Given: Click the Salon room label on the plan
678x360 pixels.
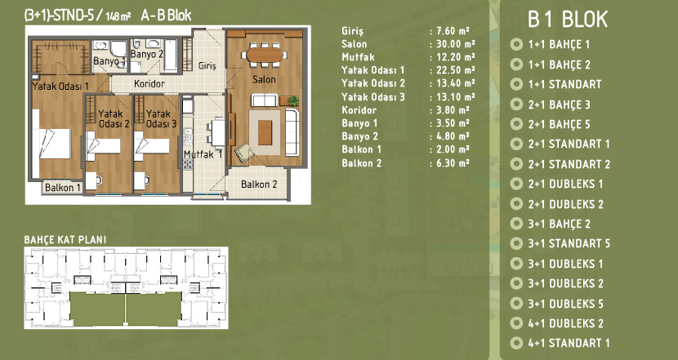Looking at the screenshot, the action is pyautogui.click(x=264, y=79).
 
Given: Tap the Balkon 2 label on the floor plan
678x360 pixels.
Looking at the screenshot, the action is pyautogui.click(x=259, y=184).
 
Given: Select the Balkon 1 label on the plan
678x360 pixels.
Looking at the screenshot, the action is pyautogui.click(x=63, y=188).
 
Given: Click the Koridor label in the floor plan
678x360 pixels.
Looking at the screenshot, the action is pyautogui.click(x=149, y=83).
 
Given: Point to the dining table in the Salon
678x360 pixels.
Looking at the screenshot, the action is pyautogui.click(x=265, y=55).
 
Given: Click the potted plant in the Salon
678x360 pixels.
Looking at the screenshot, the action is pyautogui.click(x=293, y=100).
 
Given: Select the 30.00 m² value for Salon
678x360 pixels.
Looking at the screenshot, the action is pyautogui.click(x=453, y=44).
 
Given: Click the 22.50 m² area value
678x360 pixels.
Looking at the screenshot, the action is pyautogui.click(x=453, y=70).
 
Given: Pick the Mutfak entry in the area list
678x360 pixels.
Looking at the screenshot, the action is pyautogui.click(x=358, y=57).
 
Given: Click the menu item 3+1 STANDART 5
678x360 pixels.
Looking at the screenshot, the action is pyautogui.click(x=569, y=244).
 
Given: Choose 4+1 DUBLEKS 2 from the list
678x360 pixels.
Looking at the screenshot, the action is pyautogui.click(x=565, y=323).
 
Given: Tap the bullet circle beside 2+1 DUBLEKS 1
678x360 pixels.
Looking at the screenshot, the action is pyautogui.click(x=516, y=184).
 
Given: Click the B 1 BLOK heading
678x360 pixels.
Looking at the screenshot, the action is pyautogui.click(x=568, y=20).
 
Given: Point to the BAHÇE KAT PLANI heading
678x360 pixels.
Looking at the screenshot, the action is pyautogui.click(x=65, y=240).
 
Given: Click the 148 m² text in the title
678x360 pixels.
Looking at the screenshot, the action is pyautogui.click(x=118, y=16).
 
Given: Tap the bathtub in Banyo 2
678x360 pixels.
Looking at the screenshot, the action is pyautogui.click(x=171, y=55).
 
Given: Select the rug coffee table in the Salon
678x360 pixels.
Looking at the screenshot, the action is pyautogui.click(x=265, y=132).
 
